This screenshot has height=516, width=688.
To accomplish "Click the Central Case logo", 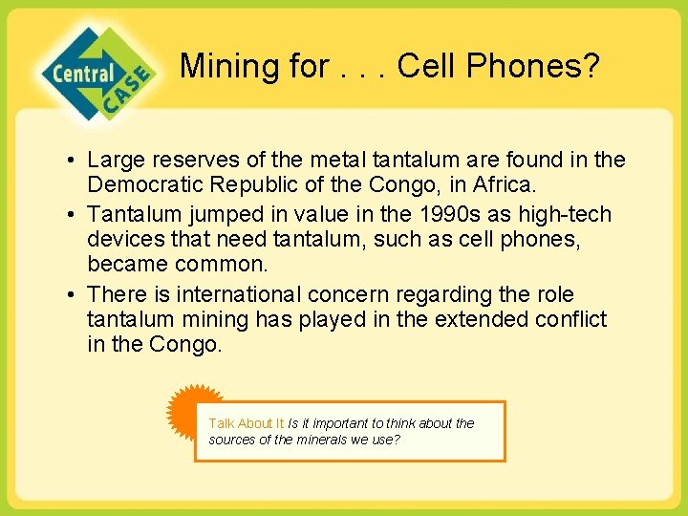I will click(96, 74).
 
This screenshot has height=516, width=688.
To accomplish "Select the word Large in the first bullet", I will click(118, 160).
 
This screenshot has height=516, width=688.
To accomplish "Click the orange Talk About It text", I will click(246, 423).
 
